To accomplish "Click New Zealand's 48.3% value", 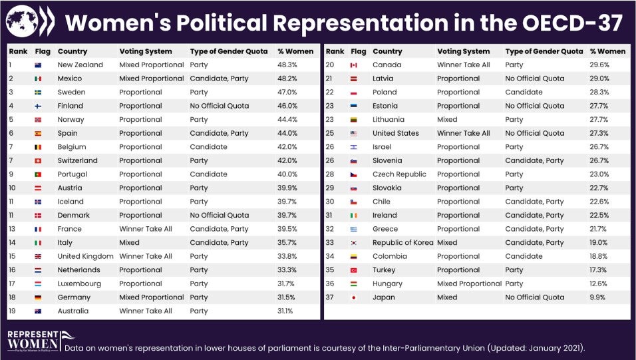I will point(287,65).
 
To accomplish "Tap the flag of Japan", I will point(354,297).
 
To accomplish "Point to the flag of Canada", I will point(354,65).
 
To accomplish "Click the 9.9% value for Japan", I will point(597,297).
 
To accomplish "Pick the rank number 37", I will point(330,297).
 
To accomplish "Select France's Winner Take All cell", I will point(145,229).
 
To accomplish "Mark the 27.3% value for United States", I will point(599,133).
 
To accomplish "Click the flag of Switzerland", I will point(39,160).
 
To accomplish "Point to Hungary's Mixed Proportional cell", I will point(469,283).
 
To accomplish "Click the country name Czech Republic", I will point(399,174).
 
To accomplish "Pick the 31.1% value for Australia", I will point(286,311).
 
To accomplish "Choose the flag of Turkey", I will point(354,270).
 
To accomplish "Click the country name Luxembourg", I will point(79,283).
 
